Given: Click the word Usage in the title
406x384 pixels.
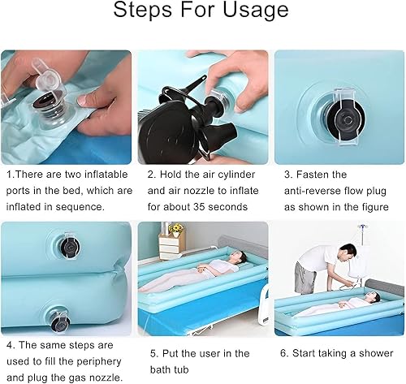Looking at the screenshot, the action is click(256, 11).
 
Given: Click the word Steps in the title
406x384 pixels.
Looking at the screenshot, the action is click(143, 10).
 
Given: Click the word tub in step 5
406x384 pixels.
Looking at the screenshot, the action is click(180, 369).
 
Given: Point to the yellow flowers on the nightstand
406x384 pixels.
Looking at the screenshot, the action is click(176, 228).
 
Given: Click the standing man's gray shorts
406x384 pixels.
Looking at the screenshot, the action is click(305, 278).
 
